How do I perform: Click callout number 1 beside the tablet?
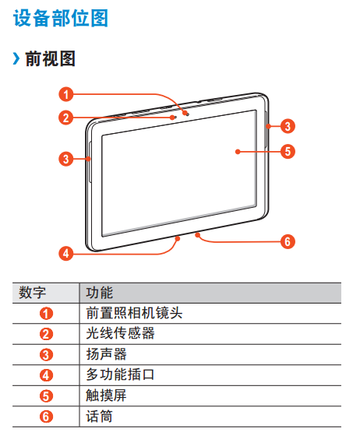66,94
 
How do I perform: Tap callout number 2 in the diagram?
66,118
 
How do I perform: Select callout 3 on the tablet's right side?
288,126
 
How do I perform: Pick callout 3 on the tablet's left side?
66,159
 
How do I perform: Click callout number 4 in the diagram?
66,253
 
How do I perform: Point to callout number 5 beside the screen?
288,151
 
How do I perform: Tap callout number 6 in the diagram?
288,241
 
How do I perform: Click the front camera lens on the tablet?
187,114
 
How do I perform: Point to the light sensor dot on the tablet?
175,117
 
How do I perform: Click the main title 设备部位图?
61,18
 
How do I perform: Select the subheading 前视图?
51,59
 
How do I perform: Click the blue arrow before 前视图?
16,58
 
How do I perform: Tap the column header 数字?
32,293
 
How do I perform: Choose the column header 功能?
100,293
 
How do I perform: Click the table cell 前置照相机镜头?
134,313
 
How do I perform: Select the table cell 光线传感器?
121,333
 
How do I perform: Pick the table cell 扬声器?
107,354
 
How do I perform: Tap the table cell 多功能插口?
121,374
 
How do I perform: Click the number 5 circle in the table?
46,396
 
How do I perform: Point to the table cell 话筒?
100,416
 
